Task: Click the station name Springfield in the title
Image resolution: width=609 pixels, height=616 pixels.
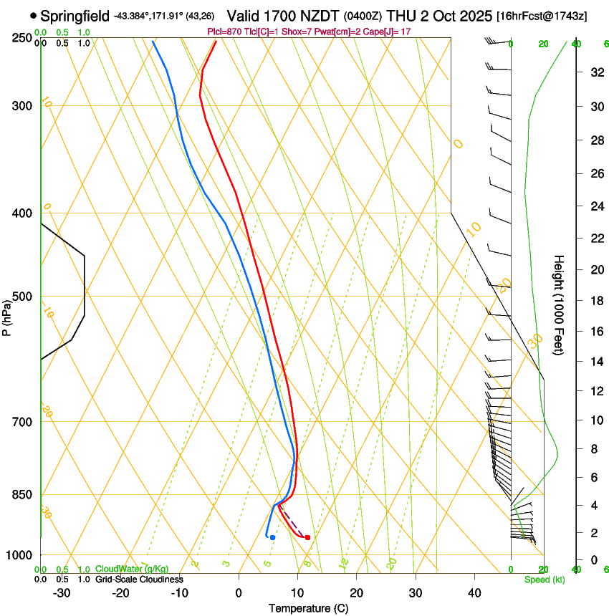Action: (x=75, y=15)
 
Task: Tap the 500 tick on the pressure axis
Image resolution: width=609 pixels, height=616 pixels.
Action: (x=22, y=297)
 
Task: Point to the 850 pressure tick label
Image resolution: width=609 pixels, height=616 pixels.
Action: (x=22, y=494)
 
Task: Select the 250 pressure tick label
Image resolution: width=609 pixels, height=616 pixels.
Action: (x=22, y=38)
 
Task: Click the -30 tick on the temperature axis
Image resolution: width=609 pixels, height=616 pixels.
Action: (x=62, y=592)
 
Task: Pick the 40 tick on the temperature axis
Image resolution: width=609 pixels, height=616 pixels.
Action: (x=474, y=592)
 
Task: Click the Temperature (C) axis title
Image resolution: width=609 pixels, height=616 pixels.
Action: (x=308, y=608)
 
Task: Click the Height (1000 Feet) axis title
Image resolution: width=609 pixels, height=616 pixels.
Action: (x=559, y=305)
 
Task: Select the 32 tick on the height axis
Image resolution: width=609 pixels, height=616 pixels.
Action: (x=595, y=72)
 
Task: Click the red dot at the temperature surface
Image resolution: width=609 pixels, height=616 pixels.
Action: (x=307, y=537)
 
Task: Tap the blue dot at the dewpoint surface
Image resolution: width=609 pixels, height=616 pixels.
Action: (x=272, y=537)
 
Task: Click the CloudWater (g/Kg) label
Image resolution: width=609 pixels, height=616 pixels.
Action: (x=132, y=569)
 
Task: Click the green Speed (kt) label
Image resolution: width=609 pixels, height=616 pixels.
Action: (x=544, y=579)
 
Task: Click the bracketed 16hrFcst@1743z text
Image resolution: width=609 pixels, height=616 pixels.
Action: (x=542, y=16)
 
